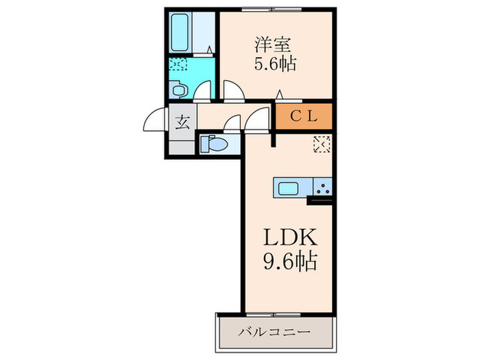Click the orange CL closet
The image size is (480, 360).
click(304, 116)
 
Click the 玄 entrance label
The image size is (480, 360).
click(183, 123)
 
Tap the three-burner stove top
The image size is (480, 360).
click(322, 187)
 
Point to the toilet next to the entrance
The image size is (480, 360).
click(213, 144)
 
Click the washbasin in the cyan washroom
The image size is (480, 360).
click(180, 89)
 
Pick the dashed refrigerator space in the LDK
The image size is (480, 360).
click(322, 145)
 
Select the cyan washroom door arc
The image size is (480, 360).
click(203, 92)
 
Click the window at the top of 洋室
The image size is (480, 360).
click(273, 9)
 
